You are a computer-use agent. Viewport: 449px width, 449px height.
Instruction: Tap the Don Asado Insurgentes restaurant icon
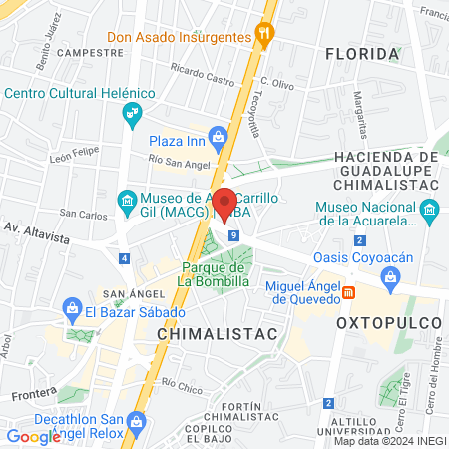[x=264, y=34]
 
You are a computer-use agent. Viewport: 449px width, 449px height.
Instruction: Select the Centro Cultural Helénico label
[x=80, y=93]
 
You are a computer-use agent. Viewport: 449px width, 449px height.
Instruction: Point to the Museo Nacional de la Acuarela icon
[x=430, y=209]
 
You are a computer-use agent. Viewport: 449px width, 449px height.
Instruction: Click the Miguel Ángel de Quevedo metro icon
[x=349, y=291]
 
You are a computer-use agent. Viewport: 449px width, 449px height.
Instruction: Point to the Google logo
[x=33, y=437]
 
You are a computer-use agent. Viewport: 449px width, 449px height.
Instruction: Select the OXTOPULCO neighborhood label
[x=387, y=324]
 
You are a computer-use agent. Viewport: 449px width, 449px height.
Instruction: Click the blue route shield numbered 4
[x=123, y=258]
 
